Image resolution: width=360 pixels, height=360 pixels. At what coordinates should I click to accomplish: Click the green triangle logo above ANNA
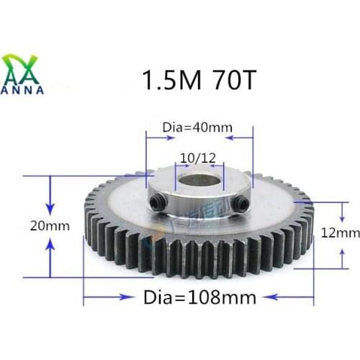click(24, 68)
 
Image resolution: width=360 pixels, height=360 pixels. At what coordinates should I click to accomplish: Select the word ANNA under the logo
click(24, 90)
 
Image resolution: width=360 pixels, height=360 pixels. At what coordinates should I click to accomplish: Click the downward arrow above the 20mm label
click(50, 193)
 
